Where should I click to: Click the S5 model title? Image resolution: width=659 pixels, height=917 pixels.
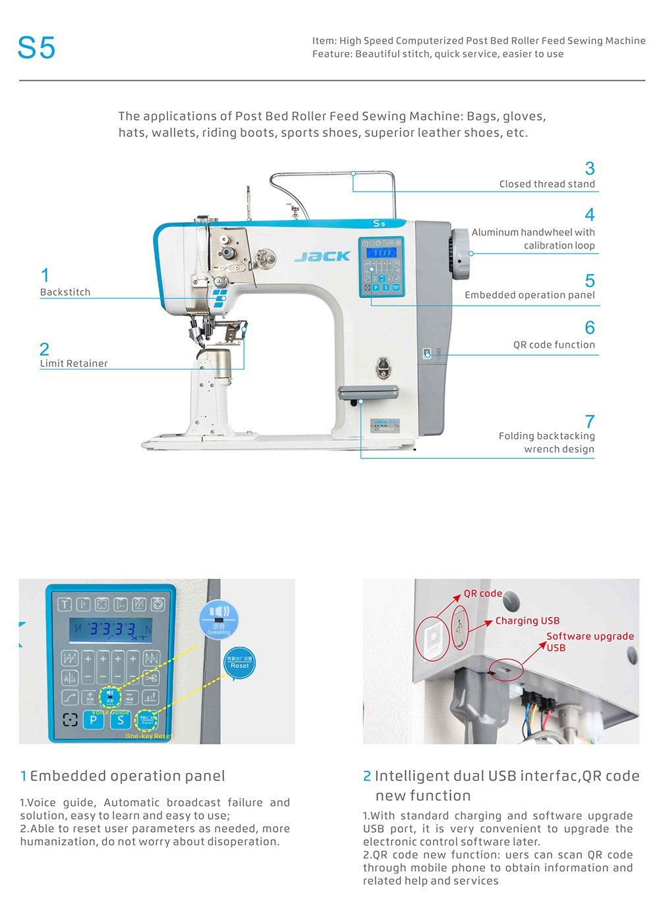[36, 48]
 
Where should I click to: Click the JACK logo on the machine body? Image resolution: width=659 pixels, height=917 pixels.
[322, 256]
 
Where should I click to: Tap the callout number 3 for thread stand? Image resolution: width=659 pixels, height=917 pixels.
[590, 169]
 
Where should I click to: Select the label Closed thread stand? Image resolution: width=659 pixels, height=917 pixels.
[547, 184]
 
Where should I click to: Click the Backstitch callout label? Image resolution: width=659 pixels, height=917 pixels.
[65, 292]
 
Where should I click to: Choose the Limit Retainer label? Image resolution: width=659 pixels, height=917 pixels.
[74, 364]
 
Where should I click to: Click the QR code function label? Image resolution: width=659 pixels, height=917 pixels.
[554, 345]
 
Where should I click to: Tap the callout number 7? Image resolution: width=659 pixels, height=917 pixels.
[590, 422]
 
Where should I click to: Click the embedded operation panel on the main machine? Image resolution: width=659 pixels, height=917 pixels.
[381, 267]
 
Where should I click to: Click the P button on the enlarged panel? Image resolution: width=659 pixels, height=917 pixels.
[93, 719]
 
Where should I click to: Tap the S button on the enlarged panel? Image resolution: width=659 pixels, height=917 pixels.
[120, 719]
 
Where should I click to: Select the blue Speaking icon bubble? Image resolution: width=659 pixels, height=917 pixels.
[219, 617]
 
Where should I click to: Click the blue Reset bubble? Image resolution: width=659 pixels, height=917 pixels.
[239, 663]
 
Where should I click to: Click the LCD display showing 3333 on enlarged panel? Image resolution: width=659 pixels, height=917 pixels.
[111, 630]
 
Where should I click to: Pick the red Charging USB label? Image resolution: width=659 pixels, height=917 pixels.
[527, 621]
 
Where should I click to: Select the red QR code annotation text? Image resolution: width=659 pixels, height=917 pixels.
[483, 593]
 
